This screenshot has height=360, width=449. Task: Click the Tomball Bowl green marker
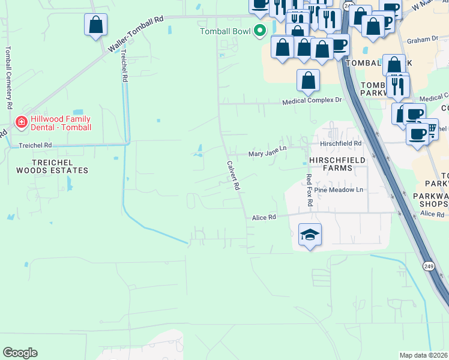260,30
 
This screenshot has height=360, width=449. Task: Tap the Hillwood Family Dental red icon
22,123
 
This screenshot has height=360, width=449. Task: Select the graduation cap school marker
310,234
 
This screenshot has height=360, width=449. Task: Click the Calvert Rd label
233,176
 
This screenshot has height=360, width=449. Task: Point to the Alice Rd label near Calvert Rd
264,218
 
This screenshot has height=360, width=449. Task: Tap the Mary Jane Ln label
268,154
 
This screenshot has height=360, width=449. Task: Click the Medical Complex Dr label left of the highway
312,102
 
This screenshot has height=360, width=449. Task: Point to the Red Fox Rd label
309,190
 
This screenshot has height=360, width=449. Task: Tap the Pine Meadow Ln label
343,190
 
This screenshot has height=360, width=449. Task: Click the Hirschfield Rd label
341,144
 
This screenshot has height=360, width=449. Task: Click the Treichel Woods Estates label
52,166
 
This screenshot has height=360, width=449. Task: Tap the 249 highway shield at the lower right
428,266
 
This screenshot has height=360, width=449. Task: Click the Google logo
20,353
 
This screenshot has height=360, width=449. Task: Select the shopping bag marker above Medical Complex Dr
308,80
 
